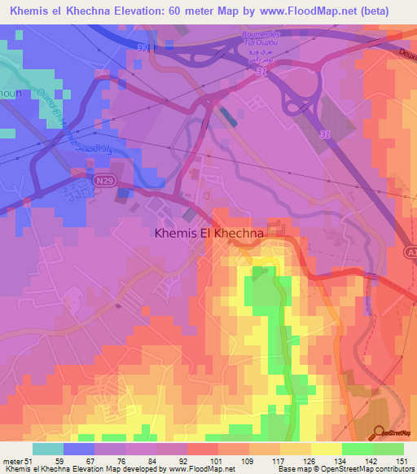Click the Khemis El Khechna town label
click(x=208, y=233)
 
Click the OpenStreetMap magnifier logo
click(x=380, y=432)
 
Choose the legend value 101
click(x=218, y=460)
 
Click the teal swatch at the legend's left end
click(x=48, y=449)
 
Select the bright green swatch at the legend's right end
click(x=388, y=449)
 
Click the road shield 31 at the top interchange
click(x=144, y=48)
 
